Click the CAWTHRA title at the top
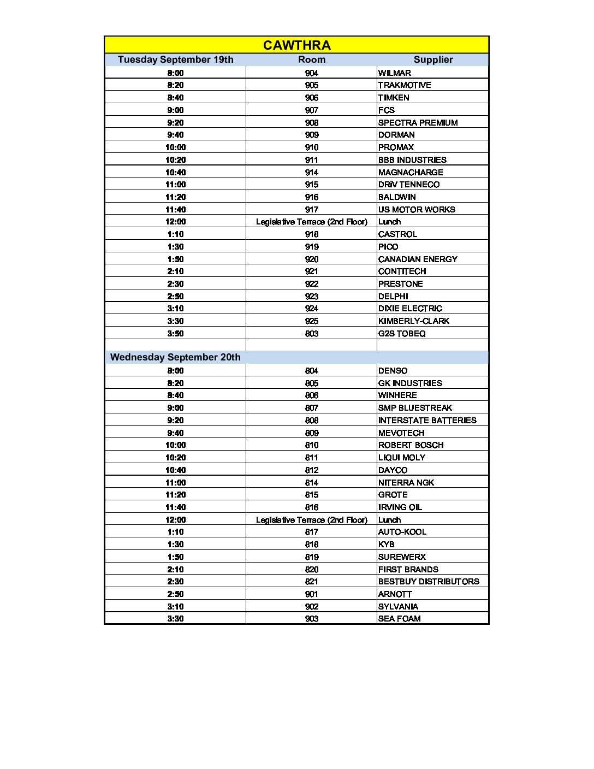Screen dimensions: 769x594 tap(296, 45)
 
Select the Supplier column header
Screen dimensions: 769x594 tap(433, 60)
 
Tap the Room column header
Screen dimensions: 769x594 tap(311, 60)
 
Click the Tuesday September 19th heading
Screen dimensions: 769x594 tap(175, 60)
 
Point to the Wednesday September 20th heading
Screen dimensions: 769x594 tap(175, 357)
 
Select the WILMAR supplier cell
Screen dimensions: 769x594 tap(395, 73)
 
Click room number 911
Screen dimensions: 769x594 tap(311, 160)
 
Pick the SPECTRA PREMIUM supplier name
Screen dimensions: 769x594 tap(418, 123)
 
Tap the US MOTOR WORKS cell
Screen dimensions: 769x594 tap(416, 210)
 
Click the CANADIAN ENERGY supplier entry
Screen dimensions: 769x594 tap(418, 259)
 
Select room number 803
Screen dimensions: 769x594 tap(311, 334)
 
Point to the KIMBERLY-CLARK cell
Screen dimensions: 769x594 tap(413, 321)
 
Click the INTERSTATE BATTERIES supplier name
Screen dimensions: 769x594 tap(427, 421)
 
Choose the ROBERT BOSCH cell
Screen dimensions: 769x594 tap(411, 445)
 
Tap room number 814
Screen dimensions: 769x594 tap(311, 483)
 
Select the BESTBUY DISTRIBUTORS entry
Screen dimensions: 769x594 tap(429, 582)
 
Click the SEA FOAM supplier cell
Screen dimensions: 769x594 tap(399, 619)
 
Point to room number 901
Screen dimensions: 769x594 tap(311, 594)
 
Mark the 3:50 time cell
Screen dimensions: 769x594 tap(175, 334)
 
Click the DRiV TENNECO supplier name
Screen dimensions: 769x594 tap(408, 185)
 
